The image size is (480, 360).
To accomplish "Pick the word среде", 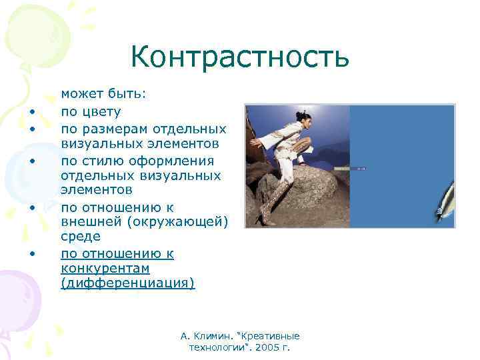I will click(81, 236).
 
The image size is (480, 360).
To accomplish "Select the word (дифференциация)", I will click(127, 283).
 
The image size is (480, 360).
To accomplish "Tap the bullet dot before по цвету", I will click(31, 113).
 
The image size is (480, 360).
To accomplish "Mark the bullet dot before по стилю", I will click(31, 161).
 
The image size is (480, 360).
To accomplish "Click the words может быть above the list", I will click(103, 96).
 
